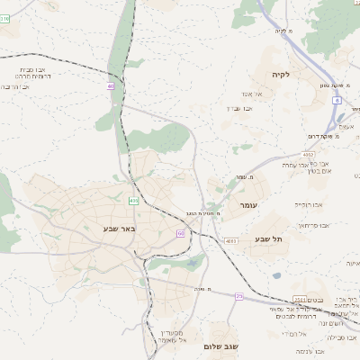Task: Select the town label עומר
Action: (248, 206)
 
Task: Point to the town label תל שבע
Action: (267, 238)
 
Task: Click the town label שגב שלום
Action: (220, 346)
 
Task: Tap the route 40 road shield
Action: (111, 86)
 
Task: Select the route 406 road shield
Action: (133, 200)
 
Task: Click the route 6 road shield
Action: (336, 102)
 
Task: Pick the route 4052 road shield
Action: (307, 154)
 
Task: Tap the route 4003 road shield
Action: (230, 241)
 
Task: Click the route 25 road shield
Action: (239, 295)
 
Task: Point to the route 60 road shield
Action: (180, 233)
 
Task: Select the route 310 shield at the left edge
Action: (4, 17)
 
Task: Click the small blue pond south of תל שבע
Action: (276, 275)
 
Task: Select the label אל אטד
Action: (251, 94)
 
